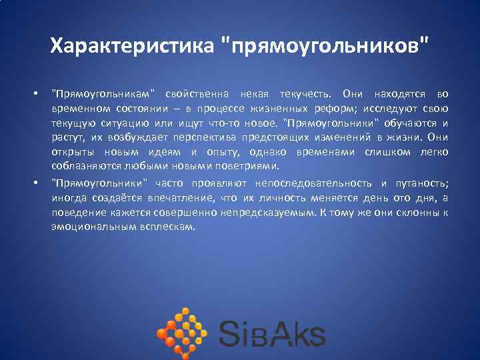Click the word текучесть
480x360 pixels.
[x=311, y=93]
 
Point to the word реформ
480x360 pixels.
[x=343, y=108]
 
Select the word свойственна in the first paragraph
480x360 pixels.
[x=199, y=93]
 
